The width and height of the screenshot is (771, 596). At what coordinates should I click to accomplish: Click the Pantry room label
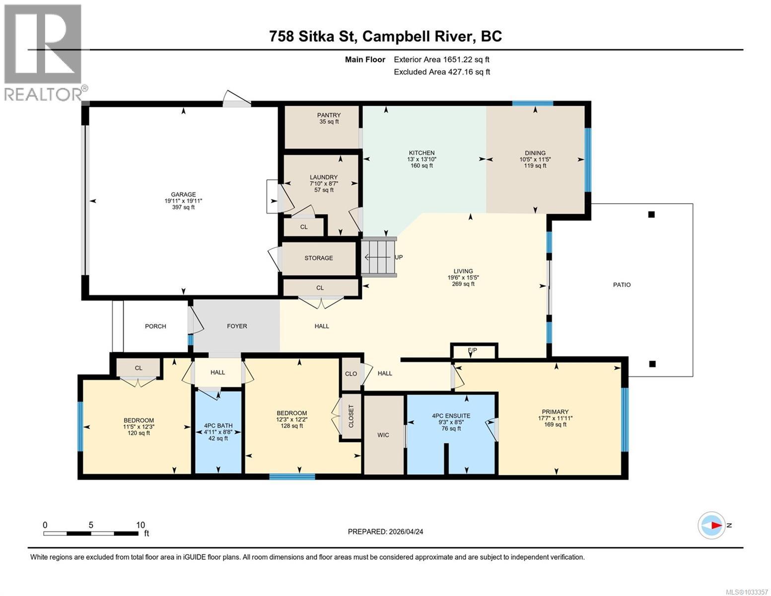click(x=329, y=115)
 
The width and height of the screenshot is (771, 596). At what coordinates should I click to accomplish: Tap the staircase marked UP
click(x=378, y=257)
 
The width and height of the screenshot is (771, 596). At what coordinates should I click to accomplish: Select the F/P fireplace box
click(x=473, y=351)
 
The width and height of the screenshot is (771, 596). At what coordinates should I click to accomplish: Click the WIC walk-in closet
click(x=383, y=435)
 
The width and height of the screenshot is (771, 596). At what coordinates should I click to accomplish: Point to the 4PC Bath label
click(x=218, y=426)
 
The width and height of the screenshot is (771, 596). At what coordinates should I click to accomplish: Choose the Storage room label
click(x=319, y=258)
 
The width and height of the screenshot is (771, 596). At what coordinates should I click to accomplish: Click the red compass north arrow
click(x=715, y=525)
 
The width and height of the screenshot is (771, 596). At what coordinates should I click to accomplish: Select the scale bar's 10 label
click(x=140, y=525)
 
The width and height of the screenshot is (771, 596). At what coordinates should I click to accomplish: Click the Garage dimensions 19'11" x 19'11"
click(x=183, y=201)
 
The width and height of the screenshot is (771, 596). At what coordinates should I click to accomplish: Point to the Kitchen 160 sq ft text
click(x=421, y=165)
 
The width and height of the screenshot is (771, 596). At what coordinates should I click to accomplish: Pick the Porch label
click(x=155, y=326)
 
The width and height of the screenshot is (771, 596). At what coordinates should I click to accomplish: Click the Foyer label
click(x=237, y=326)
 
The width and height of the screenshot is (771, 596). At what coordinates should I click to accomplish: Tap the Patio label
click(x=622, y=285)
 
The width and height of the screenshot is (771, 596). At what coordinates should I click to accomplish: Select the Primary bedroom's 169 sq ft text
click(x=555, y=425)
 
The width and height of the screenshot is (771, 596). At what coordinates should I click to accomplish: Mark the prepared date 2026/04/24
click(x=385, y=531)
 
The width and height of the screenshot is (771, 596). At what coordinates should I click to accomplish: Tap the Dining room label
click(x=535, y=153)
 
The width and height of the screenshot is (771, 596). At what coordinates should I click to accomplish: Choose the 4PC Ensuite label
click(x=451, y=416)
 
